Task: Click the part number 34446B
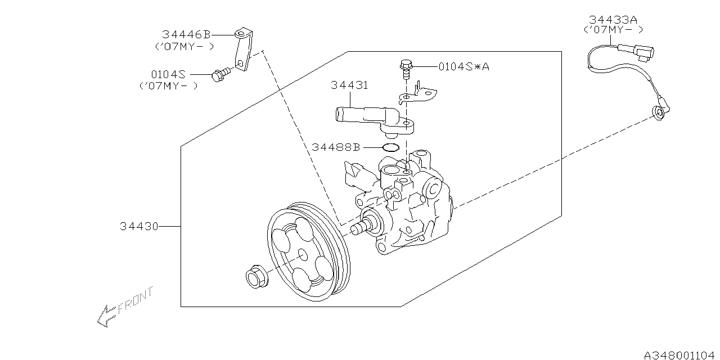[186, 34]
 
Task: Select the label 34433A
[613, 20]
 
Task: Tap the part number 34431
[349, 85]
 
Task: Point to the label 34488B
[336, 147]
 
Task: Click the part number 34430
[139, 226]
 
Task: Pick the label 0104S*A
[464, 66]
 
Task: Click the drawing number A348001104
[679, 355]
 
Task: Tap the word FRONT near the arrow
[136, 300]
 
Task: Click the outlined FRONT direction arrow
[106, 317]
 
